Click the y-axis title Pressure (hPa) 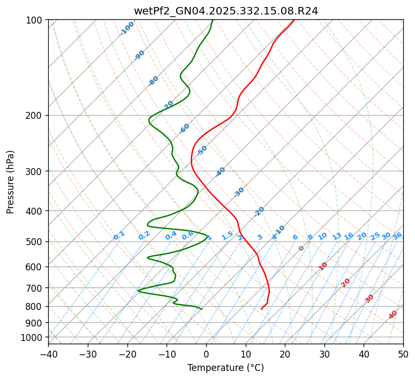coord(11,182)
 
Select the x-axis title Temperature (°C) coord(225,368)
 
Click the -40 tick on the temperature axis coord(48,354)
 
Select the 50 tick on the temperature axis coord(403,354)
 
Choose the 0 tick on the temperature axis coord(206,354)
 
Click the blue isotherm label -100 coord(127,28)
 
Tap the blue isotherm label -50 coord(202,150)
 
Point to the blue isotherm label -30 coord(239,192)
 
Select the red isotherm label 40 coord(393,315)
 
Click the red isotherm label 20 coord(346,282)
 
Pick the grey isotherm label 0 coord(301,248)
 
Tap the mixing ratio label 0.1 coord(119,234)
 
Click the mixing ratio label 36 coord(397,236)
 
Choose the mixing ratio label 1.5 coord(227,235)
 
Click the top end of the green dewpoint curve coord(213,20)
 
